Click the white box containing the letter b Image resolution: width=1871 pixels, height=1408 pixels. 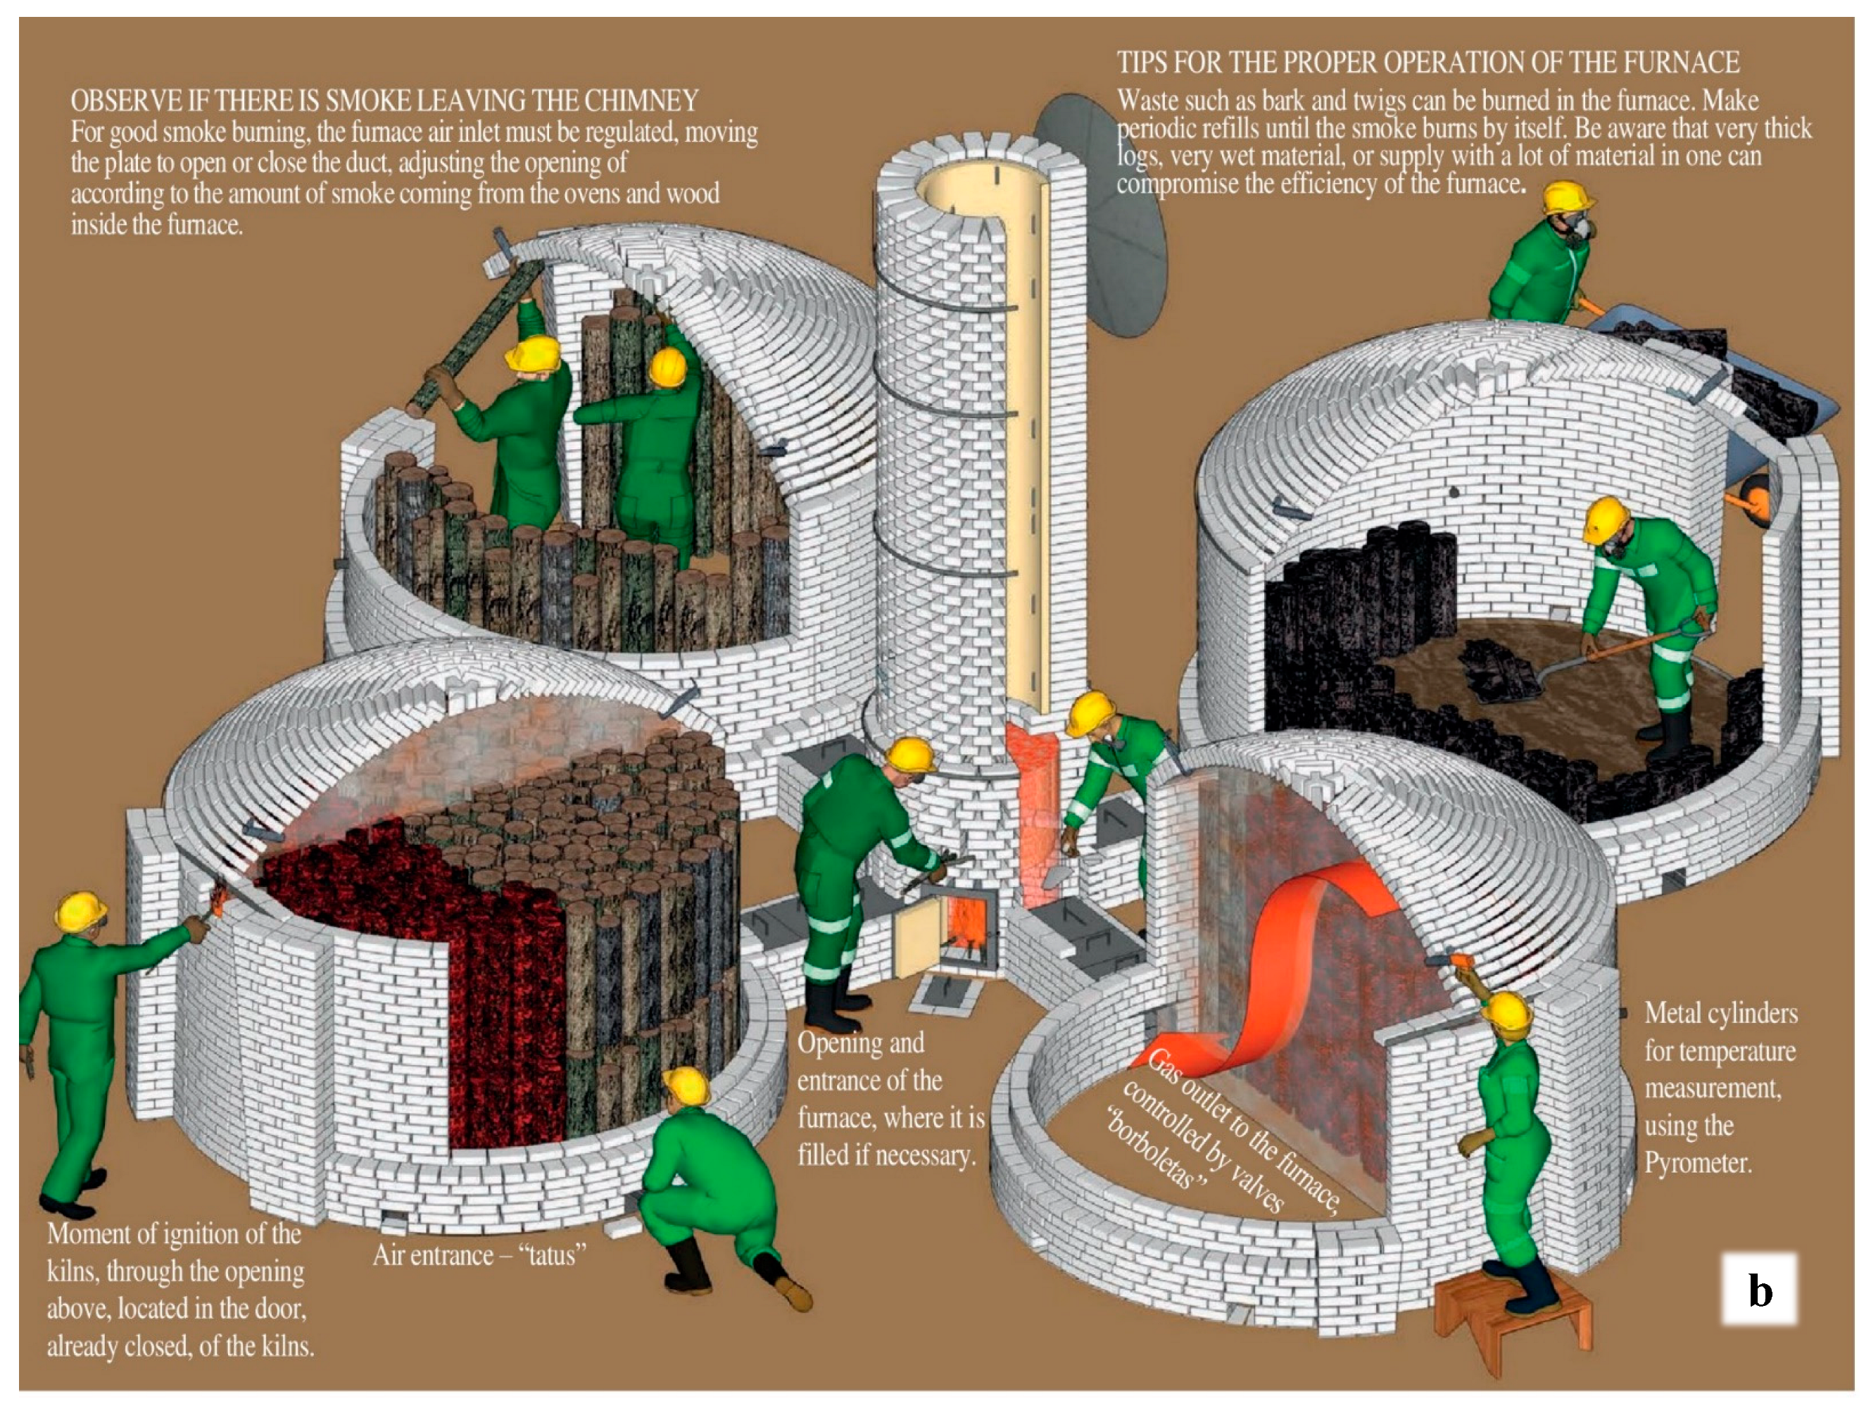[1759, 1290]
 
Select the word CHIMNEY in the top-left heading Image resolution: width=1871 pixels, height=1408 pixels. [642, 101]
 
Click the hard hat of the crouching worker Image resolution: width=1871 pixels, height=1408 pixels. [686, 1086]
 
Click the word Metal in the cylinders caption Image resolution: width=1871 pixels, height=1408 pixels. [1672, 1013]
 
